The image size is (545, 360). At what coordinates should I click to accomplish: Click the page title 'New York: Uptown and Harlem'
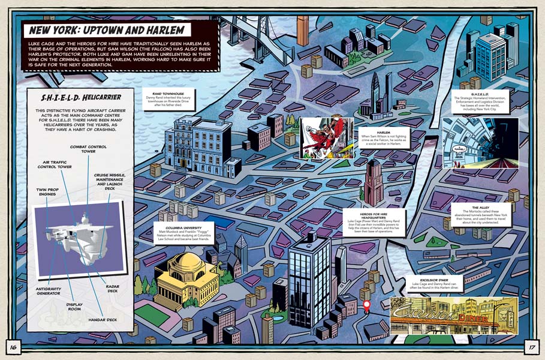click(106, 30)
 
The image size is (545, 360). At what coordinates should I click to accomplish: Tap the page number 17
click(531, 346)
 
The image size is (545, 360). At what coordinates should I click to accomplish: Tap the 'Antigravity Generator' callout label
click(44, 290)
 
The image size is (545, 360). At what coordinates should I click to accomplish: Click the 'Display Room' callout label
click(74, 307)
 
